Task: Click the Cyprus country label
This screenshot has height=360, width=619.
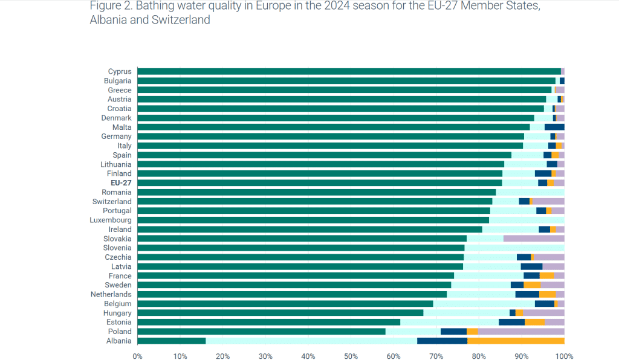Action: coord(120,71)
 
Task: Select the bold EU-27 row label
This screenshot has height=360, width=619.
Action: coord(120,183)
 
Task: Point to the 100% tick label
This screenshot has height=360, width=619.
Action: coord(564,356)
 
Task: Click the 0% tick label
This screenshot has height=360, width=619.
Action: coord(138,356)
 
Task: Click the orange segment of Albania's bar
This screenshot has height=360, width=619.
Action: coord(516,341)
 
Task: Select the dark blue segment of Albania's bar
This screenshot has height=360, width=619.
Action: coord(442,341)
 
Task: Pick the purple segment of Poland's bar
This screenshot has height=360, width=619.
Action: coord(521,332)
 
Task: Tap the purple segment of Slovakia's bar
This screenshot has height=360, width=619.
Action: coord(534,239)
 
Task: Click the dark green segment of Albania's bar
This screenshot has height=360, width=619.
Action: coord(172,341)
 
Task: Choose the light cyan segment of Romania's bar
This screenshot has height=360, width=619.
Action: coord(530,192)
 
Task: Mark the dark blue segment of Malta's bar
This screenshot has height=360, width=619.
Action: coord(554,127)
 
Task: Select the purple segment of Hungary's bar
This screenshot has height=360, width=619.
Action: coord(543,313)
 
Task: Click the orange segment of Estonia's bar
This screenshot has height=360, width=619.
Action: coord(534,322)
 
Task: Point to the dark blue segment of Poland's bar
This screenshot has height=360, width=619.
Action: coord(453,332)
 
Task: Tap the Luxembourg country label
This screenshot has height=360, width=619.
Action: coord(111,220)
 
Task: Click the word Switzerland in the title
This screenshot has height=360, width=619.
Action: coord(179,20)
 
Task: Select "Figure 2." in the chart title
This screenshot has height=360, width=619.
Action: coord(112,6)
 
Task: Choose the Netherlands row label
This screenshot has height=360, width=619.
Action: coord(111,294)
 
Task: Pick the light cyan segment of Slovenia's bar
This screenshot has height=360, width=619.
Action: coord(514,248)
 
